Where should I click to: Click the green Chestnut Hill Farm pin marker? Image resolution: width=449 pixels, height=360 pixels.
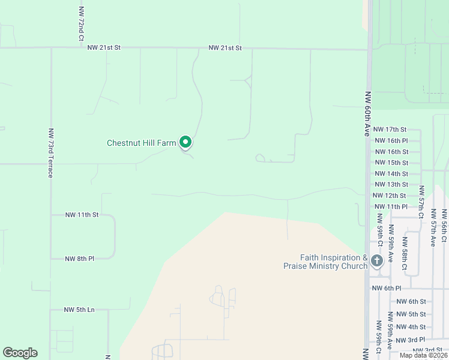tap(185, 142)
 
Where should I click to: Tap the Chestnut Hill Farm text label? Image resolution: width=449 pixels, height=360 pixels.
tap(141, 143)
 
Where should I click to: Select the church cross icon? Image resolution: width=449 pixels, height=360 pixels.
tap(377, 260)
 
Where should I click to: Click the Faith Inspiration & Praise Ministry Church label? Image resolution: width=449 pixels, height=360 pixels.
tap(324, 262)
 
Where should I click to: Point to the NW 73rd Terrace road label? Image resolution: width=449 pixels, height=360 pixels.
tap(50, 152)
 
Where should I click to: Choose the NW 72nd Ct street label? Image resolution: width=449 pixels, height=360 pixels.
tap(80, 25)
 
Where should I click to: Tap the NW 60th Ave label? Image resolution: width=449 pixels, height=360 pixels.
tap(367, 115)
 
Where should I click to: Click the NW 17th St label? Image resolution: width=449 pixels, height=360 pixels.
tap(390, 129)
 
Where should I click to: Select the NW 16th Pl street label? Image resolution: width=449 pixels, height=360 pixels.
tap(391, 140)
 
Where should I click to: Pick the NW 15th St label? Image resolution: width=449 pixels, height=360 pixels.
tap(391, 163)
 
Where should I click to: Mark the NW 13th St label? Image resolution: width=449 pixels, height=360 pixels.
tap(391, 184)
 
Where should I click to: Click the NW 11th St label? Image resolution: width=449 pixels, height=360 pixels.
tap(81, 214)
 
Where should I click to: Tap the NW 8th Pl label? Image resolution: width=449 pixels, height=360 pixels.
tap(80, 259)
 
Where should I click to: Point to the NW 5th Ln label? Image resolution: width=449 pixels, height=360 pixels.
tap(79, 310)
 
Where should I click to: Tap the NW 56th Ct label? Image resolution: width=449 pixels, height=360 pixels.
tap(444, 226)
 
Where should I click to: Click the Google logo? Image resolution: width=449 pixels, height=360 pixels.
tap(20, 353)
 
